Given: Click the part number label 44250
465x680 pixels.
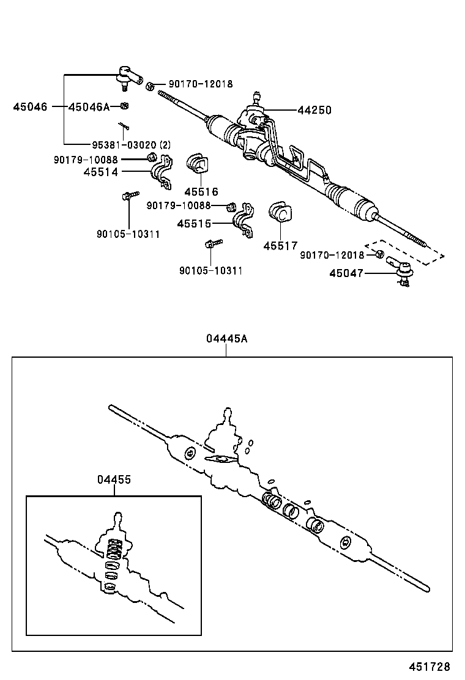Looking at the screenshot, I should (314, 111).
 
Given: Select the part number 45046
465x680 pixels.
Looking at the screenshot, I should (30, 106).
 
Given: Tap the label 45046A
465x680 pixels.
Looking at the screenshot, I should (89, 106).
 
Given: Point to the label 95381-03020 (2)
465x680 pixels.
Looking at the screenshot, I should (131, 145).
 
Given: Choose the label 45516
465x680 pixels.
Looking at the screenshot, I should (201, 192).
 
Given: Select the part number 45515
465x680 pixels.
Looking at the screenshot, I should (194, 224).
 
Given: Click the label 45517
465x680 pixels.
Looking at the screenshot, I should (280, 245).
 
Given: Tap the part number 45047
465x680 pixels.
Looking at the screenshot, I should (346, 273).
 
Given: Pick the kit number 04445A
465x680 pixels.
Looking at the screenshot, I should (226, 339).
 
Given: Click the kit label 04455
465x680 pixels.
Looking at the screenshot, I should (114, 480).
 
